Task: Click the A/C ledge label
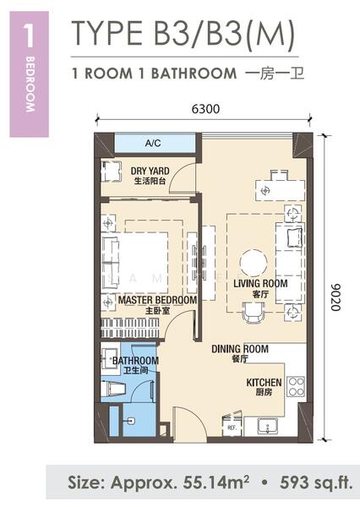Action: [x=153, y=143]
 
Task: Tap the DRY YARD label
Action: [x=150, y=171]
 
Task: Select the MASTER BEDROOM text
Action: [x=157, y=300]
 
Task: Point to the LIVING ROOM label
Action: [x=260, y=284]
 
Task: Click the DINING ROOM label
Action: [x=240, y=349]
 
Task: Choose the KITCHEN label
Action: [x=264, y=383]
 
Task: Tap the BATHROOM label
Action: [x=135, y=361]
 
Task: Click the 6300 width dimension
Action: [x=205, y=109]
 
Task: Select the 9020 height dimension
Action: [x=335, y=297]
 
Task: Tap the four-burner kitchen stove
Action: [x=296, y=386]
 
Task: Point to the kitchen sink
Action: [x=268, y=427]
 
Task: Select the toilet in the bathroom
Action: [x=113, y=390]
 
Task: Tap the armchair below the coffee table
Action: [x=254, y=313]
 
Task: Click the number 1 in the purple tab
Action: [x=29, y=35]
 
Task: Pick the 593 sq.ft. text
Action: [x=316, y=482]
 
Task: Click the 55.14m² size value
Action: [x=216, y=482]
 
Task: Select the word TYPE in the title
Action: [x=107, y=33]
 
